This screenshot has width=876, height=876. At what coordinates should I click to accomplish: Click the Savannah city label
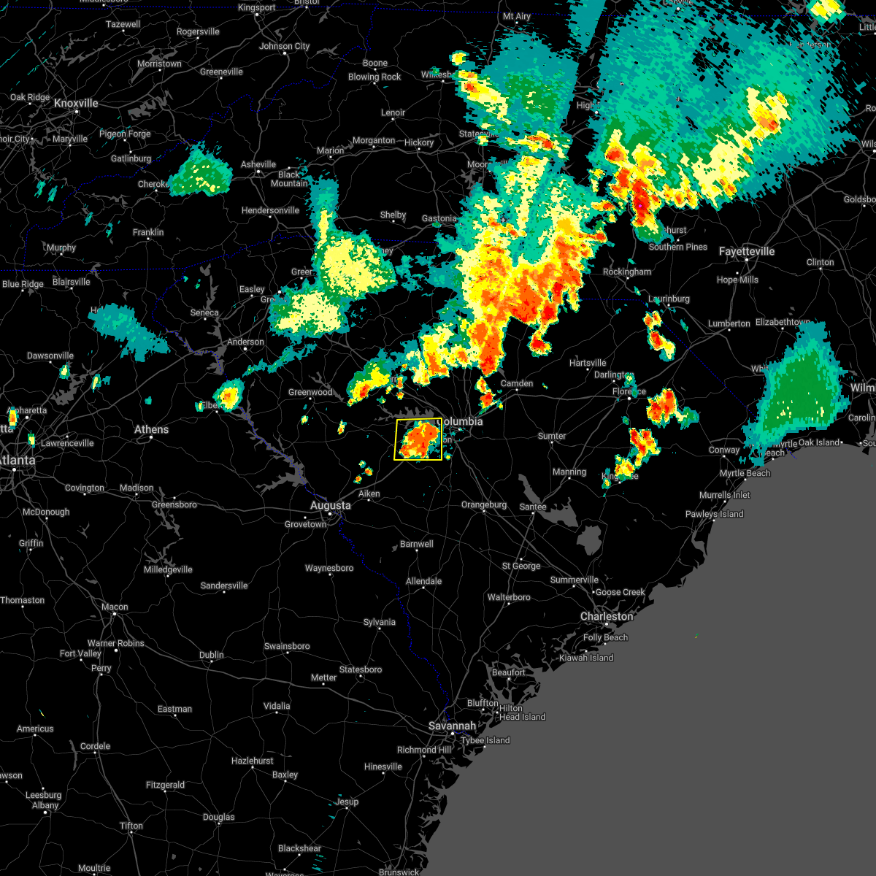(x=453, y=726)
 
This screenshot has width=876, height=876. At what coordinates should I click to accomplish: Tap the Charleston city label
(x=606, y=616)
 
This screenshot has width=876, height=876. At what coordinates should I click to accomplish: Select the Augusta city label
(x=330, y=505)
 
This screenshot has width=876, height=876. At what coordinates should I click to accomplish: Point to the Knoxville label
(x=76, y=103)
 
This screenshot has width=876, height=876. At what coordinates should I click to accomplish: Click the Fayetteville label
(x=746, y=251)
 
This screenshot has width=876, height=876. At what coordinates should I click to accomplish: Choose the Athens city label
(x=151, y=429)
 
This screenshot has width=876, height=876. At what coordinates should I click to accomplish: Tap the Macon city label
(x=115, y=607)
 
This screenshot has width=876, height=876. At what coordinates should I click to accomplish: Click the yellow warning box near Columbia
(x=418, y=439)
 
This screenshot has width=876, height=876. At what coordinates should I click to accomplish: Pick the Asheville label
(x=258, y=164)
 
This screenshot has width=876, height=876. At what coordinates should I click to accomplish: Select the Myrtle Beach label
(x=745, y=473)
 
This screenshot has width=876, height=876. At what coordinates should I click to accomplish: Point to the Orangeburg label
(x=484, y=504)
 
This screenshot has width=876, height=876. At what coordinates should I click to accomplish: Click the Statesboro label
(x=361, y=669)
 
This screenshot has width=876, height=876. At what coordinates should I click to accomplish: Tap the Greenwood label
(x=310, y=392)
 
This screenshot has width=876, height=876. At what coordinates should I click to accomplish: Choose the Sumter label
(x=552, y=436)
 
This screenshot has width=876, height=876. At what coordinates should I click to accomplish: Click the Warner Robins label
(x=116, y=643)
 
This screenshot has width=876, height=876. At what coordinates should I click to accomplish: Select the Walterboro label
(x=509, y=597)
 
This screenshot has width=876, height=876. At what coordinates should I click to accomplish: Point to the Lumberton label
(x=729, y=323)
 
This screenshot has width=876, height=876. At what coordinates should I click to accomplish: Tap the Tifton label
(x=131, y=826)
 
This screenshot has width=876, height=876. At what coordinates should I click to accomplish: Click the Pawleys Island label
(x=714, y=514)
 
